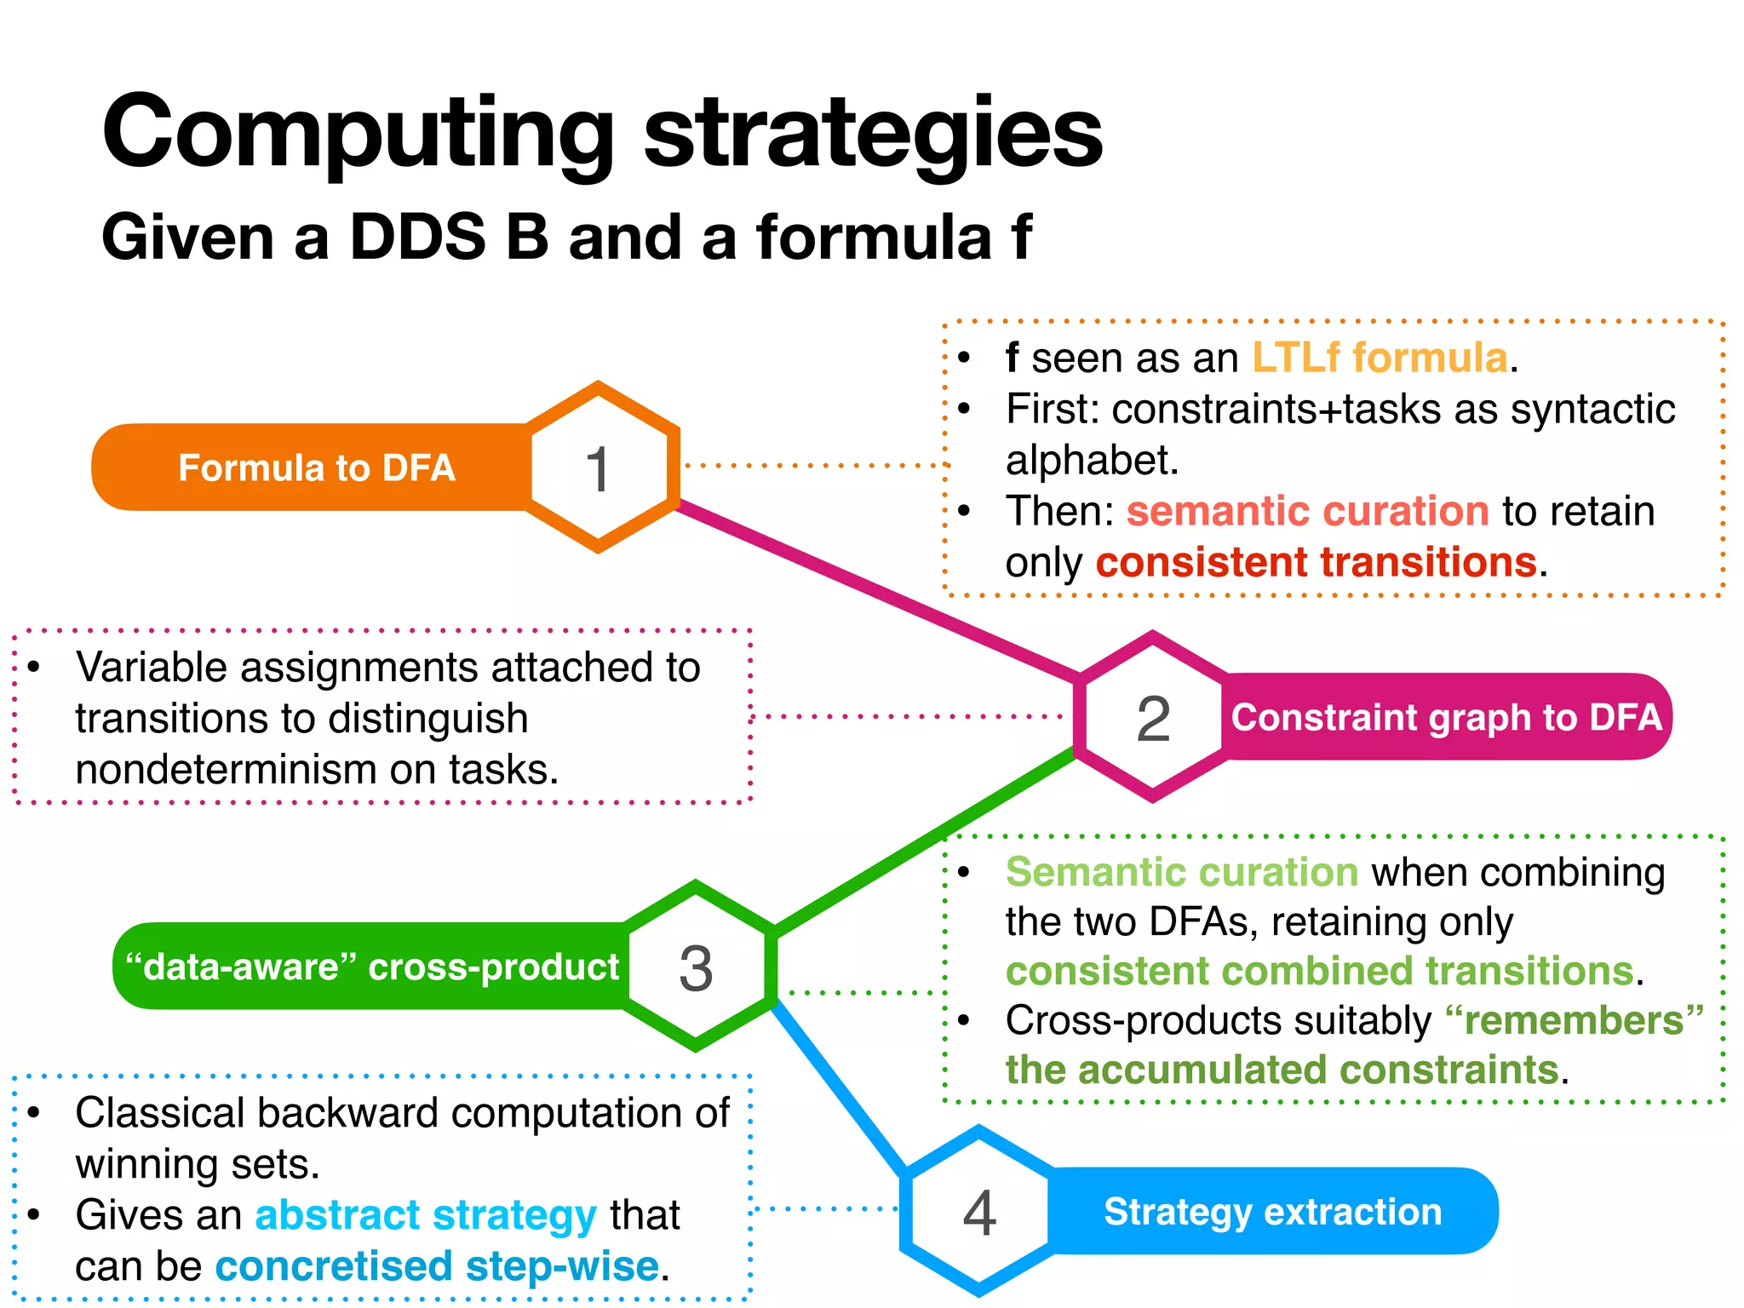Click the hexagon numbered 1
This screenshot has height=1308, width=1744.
pos(598,468)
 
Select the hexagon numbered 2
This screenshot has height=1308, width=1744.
pos(1153,717)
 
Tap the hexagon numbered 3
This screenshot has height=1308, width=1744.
pos(696,967)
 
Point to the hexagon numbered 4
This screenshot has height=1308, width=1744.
pos(979,1211)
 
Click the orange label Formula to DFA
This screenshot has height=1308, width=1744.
pos(316,468)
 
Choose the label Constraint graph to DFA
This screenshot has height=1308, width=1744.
pos(1446,717)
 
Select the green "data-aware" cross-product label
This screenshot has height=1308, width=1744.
pos(372,967)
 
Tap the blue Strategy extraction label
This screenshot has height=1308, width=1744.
pos(1272,1211)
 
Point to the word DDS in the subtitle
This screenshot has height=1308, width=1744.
pos(417,237)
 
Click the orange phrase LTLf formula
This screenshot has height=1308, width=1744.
pos(1380,358)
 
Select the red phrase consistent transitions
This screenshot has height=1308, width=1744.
pos(1317,562)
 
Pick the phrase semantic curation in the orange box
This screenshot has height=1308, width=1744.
pos(1307,511)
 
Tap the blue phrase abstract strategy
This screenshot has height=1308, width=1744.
pos(426,1214)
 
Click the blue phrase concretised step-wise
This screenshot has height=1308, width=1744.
pos(438,1265)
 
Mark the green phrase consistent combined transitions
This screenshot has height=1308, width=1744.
pos(1320,971)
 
